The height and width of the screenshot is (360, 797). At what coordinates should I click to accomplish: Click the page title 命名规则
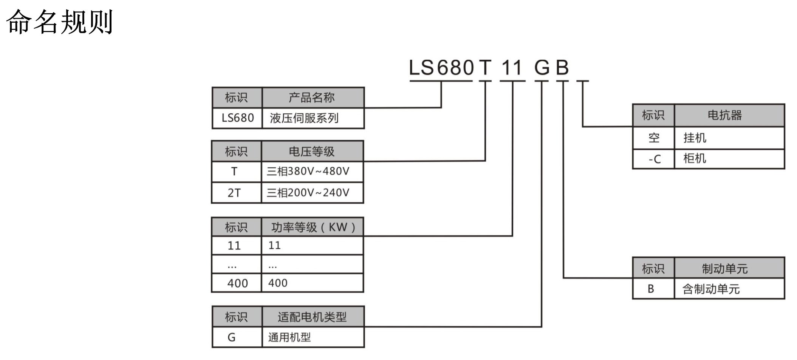[x=59, y=22]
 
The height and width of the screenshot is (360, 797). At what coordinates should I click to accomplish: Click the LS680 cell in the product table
[x=237, y=118]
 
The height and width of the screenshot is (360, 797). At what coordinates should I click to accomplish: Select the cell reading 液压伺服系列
[x=304, y=118]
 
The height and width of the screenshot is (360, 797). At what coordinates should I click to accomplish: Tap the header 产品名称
[x=312, y=97]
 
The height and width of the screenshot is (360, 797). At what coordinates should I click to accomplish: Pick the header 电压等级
[x=312, y=151]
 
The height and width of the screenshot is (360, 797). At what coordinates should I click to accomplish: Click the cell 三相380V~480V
[x=308, y=172]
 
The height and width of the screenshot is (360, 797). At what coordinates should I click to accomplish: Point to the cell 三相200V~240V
[x=308, y=193]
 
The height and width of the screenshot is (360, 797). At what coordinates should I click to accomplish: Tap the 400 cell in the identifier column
[x=237, y=283]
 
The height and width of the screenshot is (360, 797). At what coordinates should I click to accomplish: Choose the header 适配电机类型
[x=312, y=317]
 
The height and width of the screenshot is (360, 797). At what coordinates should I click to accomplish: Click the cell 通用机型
[x=289, y=337]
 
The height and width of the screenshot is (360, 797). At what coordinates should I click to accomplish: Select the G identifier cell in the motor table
[x=232, y=337]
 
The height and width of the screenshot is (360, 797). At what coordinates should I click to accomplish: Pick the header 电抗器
[x=724, y=115]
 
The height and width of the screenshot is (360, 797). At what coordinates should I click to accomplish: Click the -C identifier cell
[x=654, y=159]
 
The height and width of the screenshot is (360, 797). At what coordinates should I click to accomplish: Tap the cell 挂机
[x=695, y=138]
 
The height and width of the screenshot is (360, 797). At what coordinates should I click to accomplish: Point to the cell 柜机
[x=695, y=158]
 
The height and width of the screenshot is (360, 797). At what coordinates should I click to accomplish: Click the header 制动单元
[x=724, y=269]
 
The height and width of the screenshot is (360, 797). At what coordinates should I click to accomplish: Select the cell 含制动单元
[x=711, y=289]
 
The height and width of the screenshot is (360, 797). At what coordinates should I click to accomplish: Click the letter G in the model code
[x=542, y=68]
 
